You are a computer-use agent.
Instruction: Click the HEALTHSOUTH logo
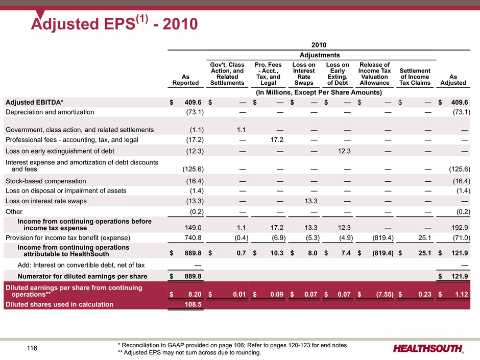(x=428, y=348)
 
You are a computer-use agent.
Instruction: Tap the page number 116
(x=32, y=348)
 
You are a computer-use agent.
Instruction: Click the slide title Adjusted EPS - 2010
(x=114, y=23)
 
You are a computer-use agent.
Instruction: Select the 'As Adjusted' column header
(x=453, y=80)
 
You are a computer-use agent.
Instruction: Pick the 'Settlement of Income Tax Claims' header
(x=415, y=77)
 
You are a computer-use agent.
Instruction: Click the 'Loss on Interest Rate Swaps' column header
(x=304, y=74)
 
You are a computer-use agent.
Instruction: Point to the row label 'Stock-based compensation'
(x=45, y=181)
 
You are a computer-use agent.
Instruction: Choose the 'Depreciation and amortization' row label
(x=50, y=112)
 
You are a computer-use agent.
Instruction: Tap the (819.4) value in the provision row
(x=382, y=238)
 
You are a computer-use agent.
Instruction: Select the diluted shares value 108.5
(x=193, y=304)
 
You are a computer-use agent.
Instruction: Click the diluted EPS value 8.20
(x=195, y=294)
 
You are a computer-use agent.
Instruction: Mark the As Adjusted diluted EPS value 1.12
(x=461, y=294)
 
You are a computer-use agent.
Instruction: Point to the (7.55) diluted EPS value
(x=385, y=294)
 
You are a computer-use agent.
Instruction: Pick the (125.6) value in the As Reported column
(x=193, y=169)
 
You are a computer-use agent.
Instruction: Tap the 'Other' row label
(x=14, y=211)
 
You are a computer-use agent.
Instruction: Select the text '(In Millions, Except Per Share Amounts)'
(x=319, y=92)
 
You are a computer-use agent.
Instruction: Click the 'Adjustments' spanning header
(x=320, y=55)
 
